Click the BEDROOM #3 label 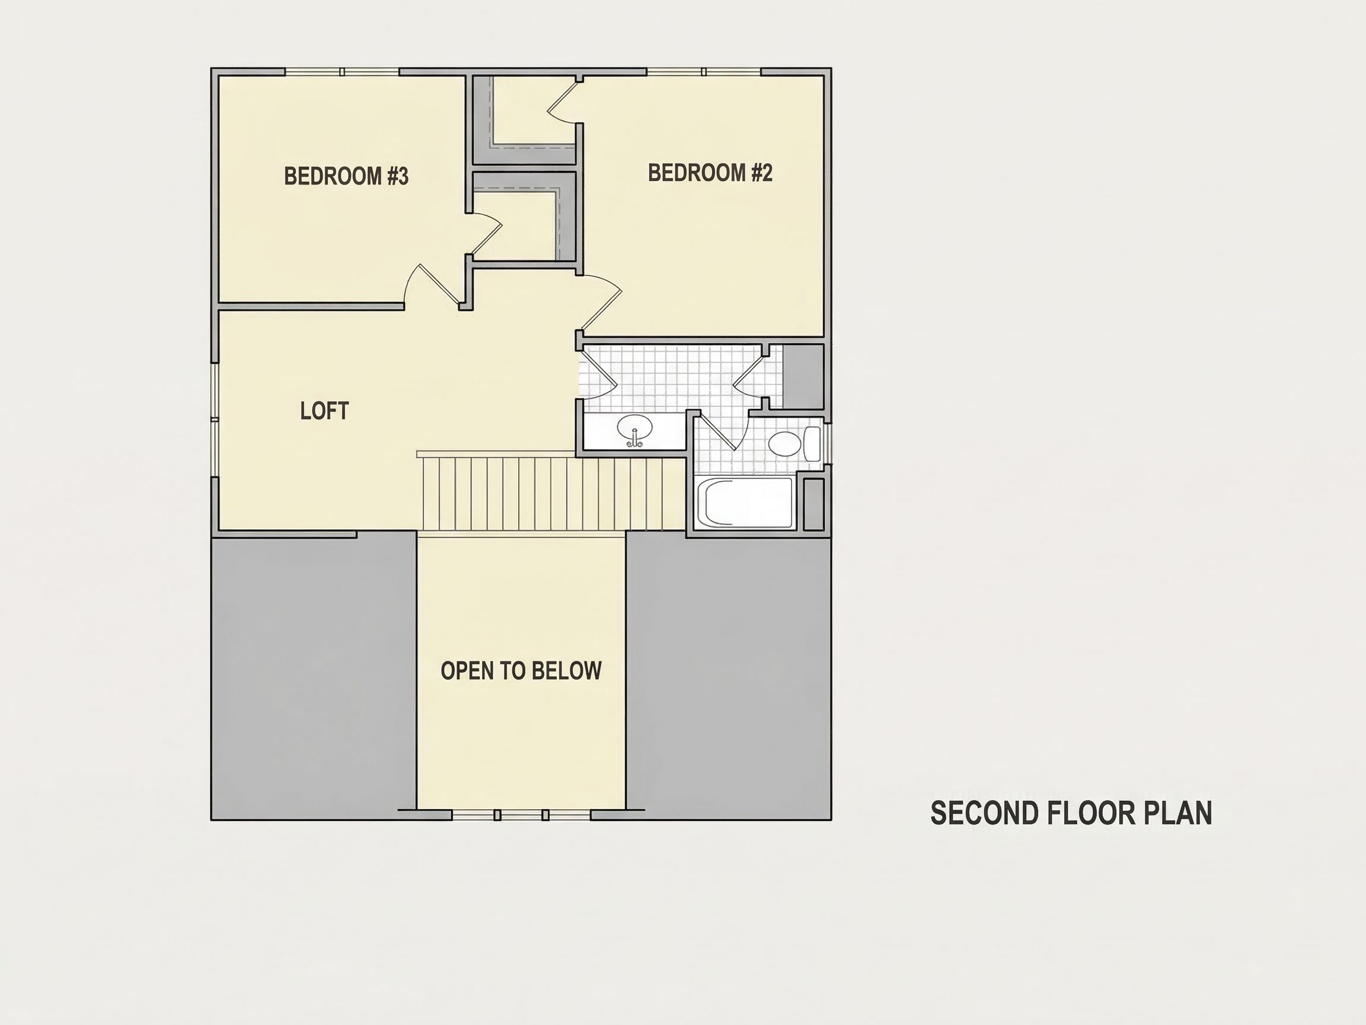coord(346,176)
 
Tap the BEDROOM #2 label coord(710,173)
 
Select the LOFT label coord(324,411)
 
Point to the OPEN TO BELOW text coord(521,671)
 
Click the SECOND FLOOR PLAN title coord(1071,813)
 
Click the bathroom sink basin coord(635,428)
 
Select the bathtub coord(745,503)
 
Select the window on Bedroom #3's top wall coord(342,72)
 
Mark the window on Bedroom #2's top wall coord(704,72)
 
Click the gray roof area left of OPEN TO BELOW coord(314,675)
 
